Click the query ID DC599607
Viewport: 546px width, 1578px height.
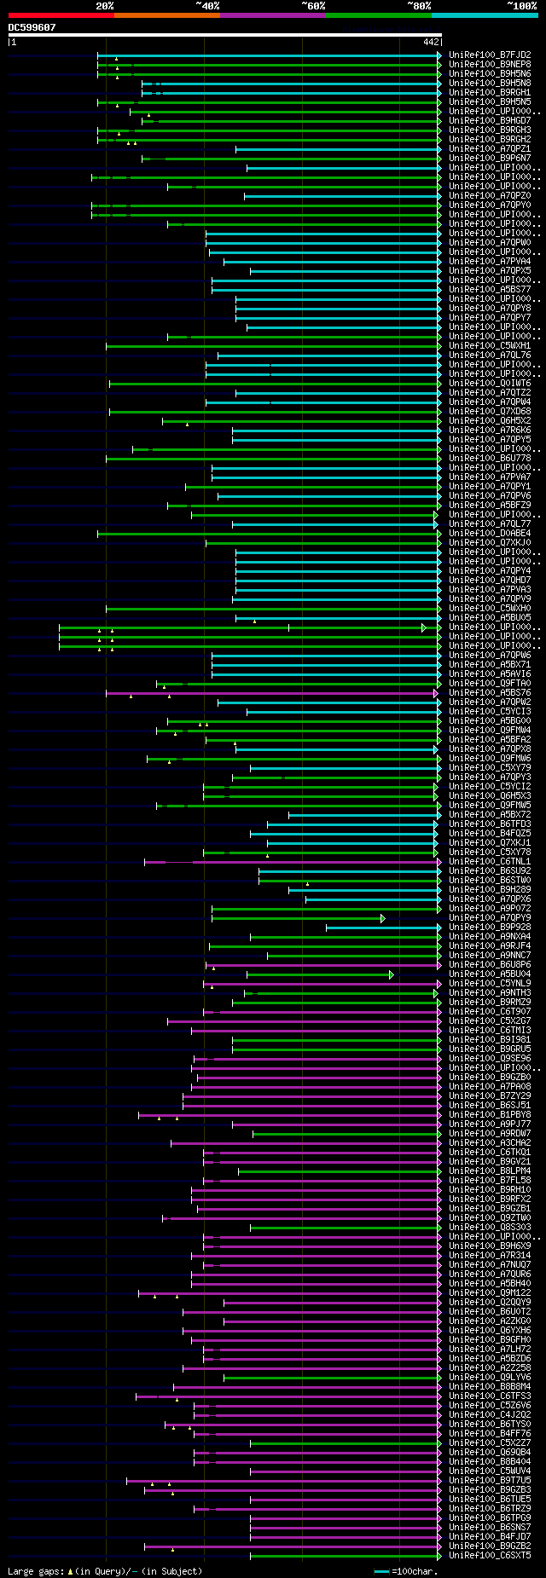(32, 27)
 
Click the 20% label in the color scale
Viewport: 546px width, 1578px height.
(105, 6)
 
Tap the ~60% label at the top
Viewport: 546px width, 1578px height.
(313, 6)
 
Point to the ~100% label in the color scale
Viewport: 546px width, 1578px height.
(522, 6)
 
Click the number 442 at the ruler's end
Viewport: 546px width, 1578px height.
(431, 42)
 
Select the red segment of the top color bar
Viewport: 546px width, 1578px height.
(61, 15)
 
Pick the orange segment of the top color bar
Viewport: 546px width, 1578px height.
(166, 15)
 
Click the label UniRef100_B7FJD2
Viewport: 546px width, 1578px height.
(490, 55)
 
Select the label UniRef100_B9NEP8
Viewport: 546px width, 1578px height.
(490, 65)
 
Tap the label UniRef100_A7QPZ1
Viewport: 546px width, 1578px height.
(490, 149)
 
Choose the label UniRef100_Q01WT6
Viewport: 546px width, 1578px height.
(490, 384)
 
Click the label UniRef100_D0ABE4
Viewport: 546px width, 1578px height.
(490, 534)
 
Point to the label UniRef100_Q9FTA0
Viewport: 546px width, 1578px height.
(490, 684)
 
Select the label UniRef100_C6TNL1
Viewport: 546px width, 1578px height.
(490, 862)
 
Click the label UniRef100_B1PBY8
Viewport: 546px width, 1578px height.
(490, 1115)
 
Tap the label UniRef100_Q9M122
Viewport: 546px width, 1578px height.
(490, 1293)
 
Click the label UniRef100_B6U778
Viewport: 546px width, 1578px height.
(490, 459)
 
